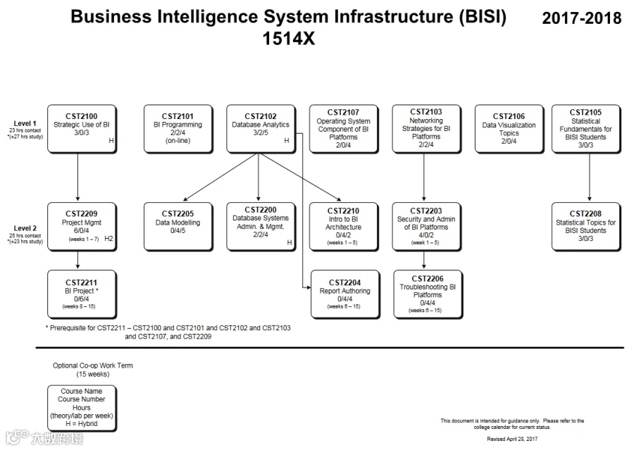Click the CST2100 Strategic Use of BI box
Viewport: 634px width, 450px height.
point(82,129)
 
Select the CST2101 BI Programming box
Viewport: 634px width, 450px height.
point(178,129)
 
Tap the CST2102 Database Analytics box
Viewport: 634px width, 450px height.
point(261,129)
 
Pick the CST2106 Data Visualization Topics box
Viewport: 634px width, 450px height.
point(509,129)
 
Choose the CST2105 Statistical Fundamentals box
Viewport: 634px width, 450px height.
point(586,129)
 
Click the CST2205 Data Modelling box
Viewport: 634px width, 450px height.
point(178,227)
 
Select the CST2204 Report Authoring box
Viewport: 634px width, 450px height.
point(345,294)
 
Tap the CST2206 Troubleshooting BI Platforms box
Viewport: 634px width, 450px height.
point(428,294)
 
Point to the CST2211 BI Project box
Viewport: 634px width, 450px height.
point(82,294)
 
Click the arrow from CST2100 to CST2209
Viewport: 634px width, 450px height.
point(77,177)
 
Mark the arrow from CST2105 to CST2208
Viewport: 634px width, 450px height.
point(590,177)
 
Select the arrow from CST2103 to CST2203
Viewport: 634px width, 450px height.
point(424,177)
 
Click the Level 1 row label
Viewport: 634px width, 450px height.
point(25,123)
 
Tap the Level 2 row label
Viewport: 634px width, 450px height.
point(25,228)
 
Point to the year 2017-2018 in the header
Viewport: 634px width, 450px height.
point(581,18)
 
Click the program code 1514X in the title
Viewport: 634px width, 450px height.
point(288,39)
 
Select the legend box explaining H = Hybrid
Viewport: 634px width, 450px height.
point(82,408)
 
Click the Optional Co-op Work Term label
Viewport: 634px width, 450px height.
point(92,370)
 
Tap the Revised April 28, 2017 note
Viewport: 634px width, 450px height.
point(512,439)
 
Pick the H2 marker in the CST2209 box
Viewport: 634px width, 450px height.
point(108,239)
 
